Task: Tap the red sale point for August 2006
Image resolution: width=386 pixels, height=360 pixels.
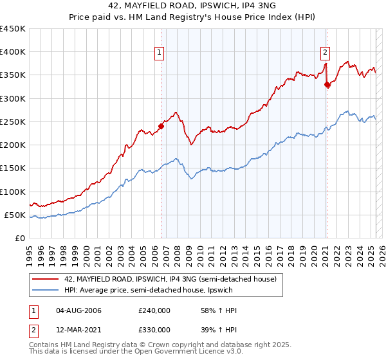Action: [161, 126]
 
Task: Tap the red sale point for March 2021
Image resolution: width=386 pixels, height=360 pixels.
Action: [327, 84]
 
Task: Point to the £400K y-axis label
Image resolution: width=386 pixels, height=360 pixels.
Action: [13, 52]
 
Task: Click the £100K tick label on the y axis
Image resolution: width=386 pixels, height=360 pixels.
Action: [13, 192]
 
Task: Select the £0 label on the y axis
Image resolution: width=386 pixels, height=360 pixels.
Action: [21, 238]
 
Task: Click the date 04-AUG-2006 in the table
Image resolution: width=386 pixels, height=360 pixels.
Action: [79, 310]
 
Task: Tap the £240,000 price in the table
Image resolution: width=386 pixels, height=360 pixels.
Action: [154, 310]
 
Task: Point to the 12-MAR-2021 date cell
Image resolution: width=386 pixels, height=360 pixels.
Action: [79, 330]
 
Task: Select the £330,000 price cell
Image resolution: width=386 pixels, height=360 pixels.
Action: [154, 330]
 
